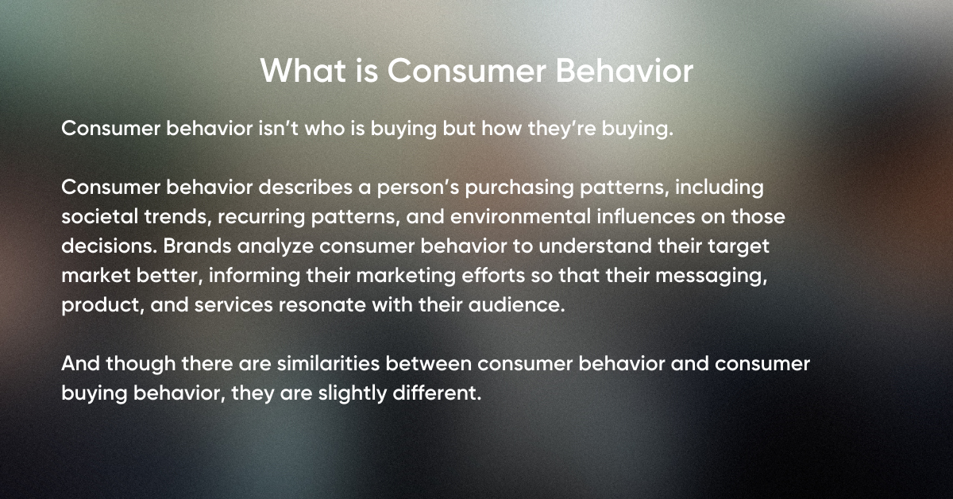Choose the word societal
point(95,218)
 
